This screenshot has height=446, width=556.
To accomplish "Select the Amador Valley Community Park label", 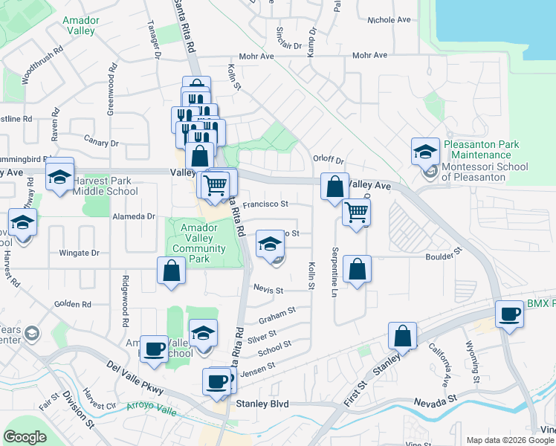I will tap(198, 243).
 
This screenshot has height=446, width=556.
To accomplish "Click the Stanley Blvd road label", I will tap(261, 404).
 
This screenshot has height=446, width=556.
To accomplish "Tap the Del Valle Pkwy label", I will tap(134, 375).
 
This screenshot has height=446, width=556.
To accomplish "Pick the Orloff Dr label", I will tap(329, 159).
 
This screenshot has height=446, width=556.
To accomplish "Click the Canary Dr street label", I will tap(102, 143).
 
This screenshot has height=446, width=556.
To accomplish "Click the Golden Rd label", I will tap(72, 304).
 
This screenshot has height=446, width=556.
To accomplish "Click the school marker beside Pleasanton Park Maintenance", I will tap(424, 152).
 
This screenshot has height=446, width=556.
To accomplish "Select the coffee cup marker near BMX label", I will tap(510, 314).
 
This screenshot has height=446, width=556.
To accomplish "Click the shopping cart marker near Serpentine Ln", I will tap(356, 213).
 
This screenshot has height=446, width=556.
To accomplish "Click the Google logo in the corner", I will tap(25, 436).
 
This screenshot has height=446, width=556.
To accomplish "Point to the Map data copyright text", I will tap(510, 440).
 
